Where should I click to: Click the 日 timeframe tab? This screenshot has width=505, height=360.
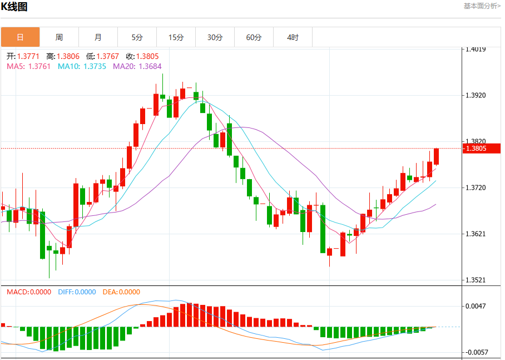click(20, 37)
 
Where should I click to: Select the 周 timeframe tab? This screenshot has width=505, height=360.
click(60, 37)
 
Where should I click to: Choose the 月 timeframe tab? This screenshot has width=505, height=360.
click(98, 37)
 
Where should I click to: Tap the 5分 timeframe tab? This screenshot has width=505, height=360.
click(137, 37)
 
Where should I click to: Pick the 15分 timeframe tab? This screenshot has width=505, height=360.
click(176, 37)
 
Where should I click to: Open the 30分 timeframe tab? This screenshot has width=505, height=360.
click(215, 37)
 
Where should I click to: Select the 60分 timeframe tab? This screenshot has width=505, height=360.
click(254, 37)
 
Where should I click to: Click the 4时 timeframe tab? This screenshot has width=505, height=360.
click(293, 37)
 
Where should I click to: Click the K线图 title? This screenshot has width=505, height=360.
click(14, 7)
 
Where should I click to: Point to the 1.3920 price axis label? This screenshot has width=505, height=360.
click(476, 95)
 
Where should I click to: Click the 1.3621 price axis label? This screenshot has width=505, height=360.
click(476, 234)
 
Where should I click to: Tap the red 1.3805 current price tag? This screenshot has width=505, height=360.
click(482, 148)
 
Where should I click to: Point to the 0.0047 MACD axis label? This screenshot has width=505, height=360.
click(476, 306)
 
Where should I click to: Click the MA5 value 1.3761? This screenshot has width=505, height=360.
click(39, 66)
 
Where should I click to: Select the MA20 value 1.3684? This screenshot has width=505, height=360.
click(150, 66)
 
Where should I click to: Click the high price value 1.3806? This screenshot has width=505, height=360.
click(68, 56)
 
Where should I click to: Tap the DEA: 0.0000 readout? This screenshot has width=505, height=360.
click(121, 292)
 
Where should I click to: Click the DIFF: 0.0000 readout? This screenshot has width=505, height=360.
click(77, 292)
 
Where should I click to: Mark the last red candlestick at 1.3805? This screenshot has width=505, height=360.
click(437, 157)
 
